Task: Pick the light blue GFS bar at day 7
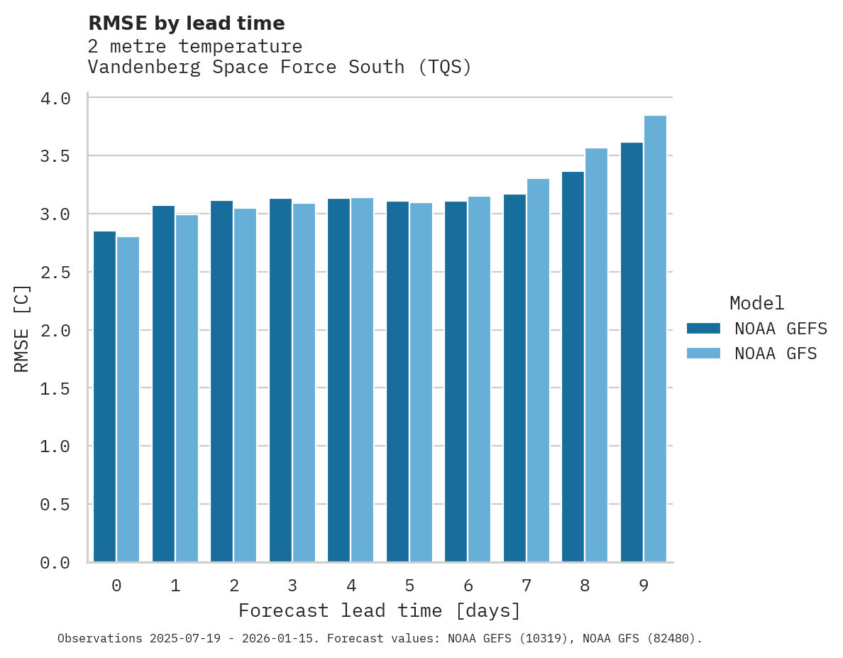click(538, 370)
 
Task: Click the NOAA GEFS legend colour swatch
click(703, 329)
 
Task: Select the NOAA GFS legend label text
click(776, 353)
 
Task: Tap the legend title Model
click(756, 303)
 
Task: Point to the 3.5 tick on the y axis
click(55, 156)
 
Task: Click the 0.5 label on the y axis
click(55, 505)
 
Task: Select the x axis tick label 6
click(468, 586)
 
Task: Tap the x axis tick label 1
click(175, 586)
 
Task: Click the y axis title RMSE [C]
click(22, 328)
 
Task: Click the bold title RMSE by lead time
click(187, 23)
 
